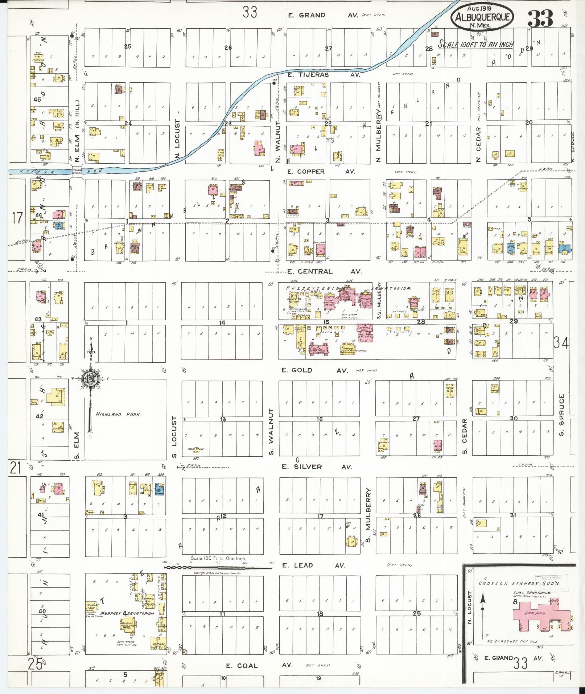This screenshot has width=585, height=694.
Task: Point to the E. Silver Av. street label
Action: [x=317, y=467]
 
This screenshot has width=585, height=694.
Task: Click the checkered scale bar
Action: [x=218, y=567]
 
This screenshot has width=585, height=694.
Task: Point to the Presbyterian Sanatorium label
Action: [x=348, y=288]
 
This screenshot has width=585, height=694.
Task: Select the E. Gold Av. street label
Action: [x=315, y=370]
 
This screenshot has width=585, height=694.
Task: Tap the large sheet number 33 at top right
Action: [x=540, y=18]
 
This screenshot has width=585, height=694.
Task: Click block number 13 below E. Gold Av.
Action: [x=223, y=419]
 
